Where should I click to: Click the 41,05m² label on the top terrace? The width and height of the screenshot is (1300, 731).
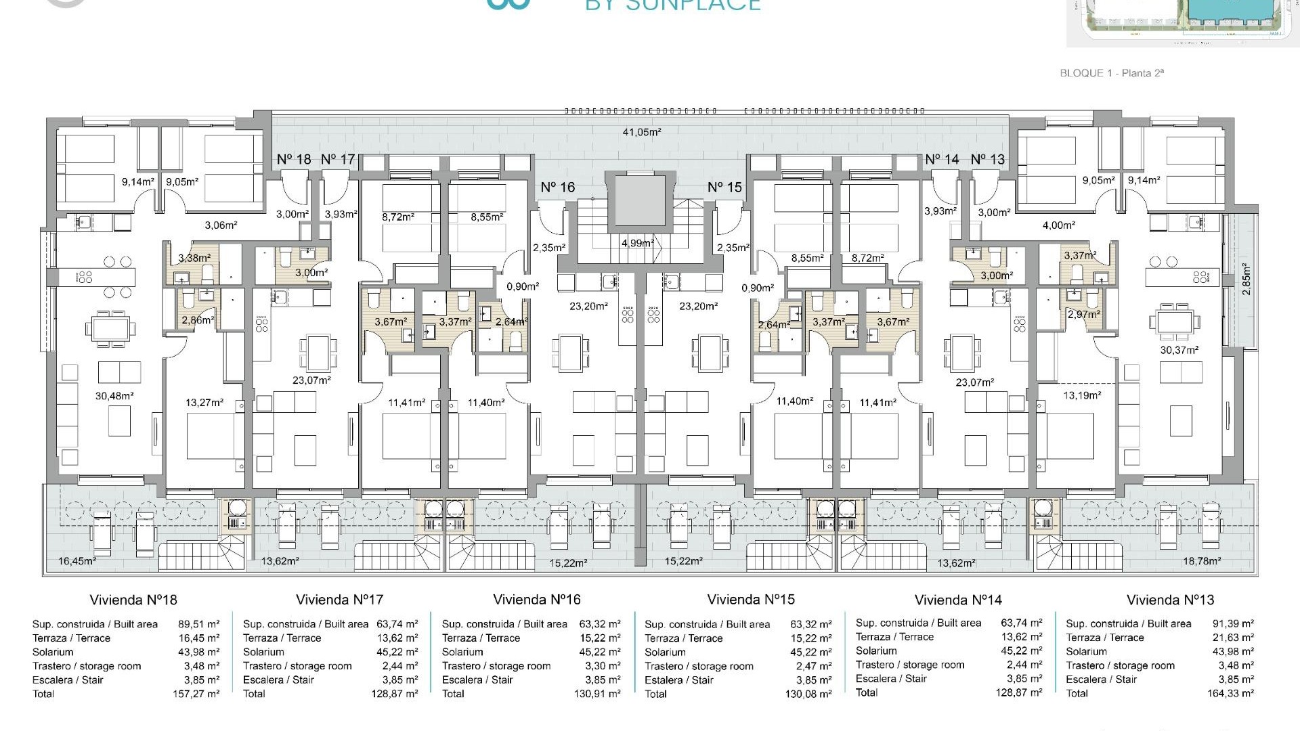pyautogui.click(x=641, y=132)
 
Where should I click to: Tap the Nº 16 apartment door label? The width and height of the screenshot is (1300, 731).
pyautogui.click(x=557, y=187)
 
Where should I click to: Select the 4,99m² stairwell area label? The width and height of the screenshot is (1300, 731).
pyautogui.click(x=636, y=243)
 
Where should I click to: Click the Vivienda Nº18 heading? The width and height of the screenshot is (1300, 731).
pyautogui.click(x=133, y=600)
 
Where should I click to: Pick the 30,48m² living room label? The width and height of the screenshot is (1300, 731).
pyautogui.click(x=114, y=396)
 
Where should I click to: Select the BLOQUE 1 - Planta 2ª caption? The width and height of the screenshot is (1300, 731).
pyautogui.click(x=1112, y=73)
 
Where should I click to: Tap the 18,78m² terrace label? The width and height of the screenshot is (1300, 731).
pyautogui.click(x=1202, y=561)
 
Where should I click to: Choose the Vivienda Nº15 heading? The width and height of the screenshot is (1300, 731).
pyautogui.click(x=751, y=600)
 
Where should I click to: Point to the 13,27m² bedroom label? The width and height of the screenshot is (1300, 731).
pyautogui.click(x=204, y=403)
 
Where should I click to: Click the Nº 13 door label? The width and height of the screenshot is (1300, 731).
pyautogui.click(x=987, y=159)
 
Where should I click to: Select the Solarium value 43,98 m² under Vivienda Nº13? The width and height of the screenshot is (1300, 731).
pyautogui.click(x=1230, y=651)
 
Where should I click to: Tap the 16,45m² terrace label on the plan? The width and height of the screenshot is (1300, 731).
pyautogui.click(x=77, y=561)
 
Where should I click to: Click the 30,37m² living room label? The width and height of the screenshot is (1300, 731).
pyautogui.click(x=1179, y=350)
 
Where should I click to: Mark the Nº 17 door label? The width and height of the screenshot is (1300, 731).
pyautogui.click(x=338, y=159)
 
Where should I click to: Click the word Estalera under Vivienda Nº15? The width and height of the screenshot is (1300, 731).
pyautogui.click(x=665, y=680)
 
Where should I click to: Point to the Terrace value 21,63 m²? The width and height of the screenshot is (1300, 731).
pyautogui.click(x=1230, y=638)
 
